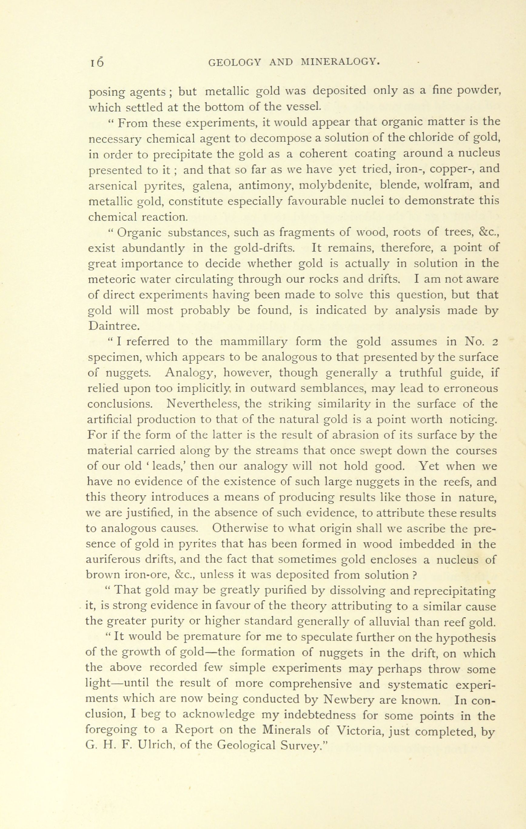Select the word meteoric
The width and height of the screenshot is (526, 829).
point(112,279)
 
